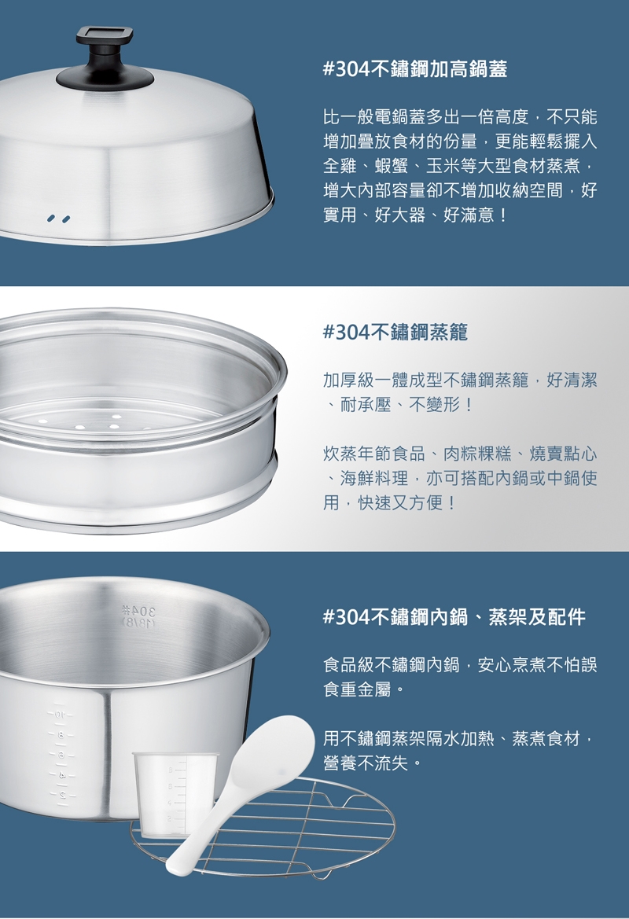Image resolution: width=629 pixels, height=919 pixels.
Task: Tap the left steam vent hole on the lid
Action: point(52,219)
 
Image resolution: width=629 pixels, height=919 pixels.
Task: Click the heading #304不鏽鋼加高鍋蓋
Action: point(415,69)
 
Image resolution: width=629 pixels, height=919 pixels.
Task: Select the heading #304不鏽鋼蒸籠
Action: point(395,333)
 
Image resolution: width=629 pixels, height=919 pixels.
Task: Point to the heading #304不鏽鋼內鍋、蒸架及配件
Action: point(454,616)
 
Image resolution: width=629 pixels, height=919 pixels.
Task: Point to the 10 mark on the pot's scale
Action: point(61,715)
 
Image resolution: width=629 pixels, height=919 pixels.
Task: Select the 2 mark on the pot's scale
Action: point(61,795)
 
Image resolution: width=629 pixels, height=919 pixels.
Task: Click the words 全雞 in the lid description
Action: point(340,167)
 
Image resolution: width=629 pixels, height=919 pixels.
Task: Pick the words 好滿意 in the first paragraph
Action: point(469,215)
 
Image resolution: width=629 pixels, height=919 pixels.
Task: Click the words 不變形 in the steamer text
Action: point(434,405)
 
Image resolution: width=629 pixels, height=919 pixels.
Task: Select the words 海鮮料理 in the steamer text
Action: point(374,478)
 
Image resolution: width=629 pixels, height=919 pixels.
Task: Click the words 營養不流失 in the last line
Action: point(366,763)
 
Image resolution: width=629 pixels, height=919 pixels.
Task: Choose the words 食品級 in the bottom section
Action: point(349,664)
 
